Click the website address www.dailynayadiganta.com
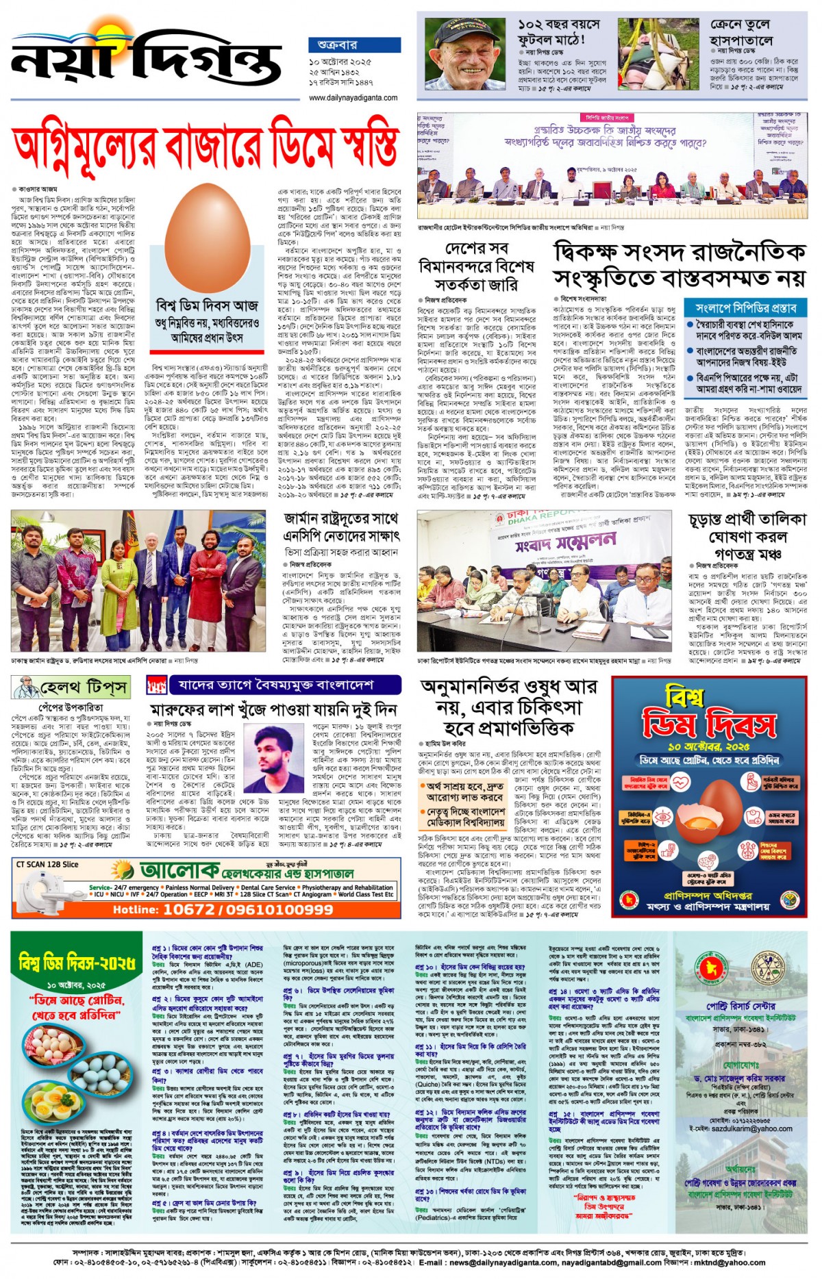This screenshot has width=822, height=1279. coord(353,98)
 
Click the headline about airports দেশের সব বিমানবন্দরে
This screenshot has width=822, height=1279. coord(475,266)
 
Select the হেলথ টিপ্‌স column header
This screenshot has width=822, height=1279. coord(71,687)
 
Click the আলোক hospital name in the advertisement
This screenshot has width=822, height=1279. coord(180,870)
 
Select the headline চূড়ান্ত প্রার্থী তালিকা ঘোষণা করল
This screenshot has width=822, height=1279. coord(747,536)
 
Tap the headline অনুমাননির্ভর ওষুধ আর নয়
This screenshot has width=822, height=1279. coord(509,706)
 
